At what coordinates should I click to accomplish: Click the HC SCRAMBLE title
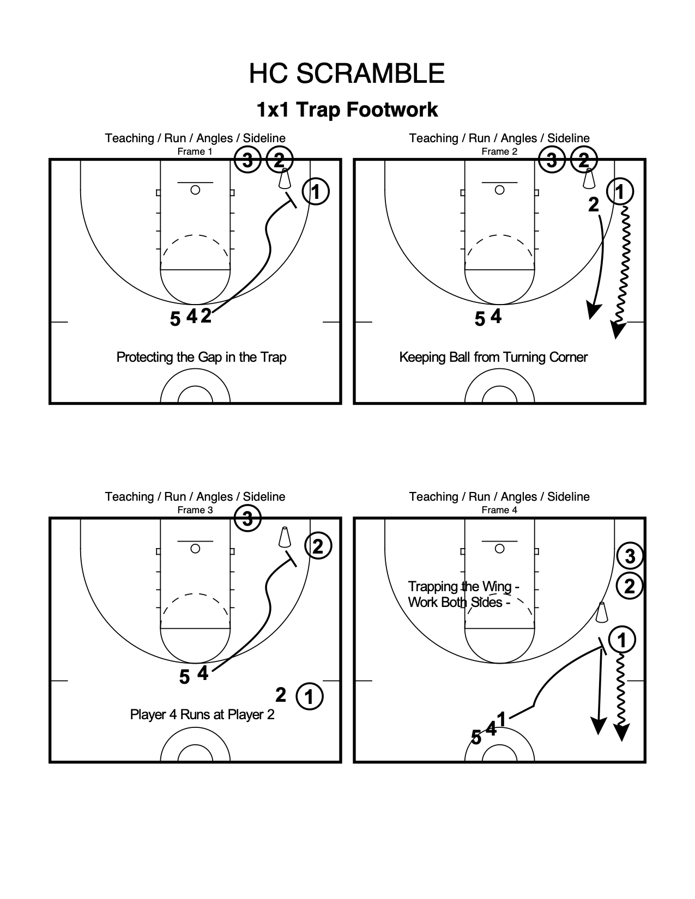[x=347, y=74]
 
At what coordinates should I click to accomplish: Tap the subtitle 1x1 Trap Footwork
[x=347, y=110]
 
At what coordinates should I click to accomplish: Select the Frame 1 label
[x=195, y=151]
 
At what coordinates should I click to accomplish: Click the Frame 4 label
[x=499, y=510]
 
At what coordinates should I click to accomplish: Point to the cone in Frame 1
[x=285, y=179]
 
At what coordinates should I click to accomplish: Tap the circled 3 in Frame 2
[x=552, y=161]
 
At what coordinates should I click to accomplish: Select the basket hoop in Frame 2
[x=499, y=190]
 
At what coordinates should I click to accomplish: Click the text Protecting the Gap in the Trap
[x=201, y=357]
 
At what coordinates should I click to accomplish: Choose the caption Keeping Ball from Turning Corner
[x=493, y=357]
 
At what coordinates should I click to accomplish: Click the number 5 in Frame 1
[x=175, y=319]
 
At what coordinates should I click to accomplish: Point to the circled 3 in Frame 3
[x=248, y=519]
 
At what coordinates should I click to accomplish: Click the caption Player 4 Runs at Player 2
[x=202, y=714]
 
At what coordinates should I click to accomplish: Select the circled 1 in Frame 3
[x=309, y=696]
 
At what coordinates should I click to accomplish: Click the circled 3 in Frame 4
[x=630, y=556]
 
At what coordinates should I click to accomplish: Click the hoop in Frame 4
[x=499, y=549]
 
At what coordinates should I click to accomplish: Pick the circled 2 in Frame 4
[x=630, y=586]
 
